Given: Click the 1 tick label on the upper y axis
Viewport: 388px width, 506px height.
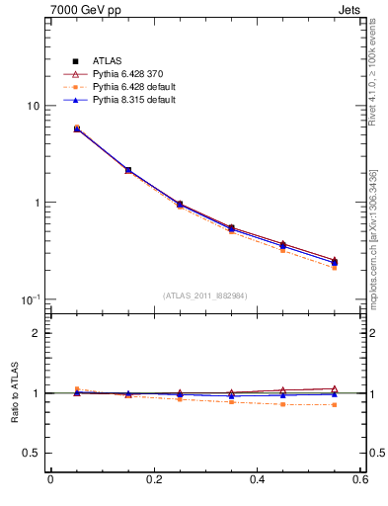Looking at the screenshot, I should pyautogui.click(x=36, y=203).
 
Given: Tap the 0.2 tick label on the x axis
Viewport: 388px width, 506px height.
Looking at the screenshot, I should pyautogui.click(x=153, y=479).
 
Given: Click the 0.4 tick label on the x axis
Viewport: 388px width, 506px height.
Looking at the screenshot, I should pyautogui.click(x=257, y=479).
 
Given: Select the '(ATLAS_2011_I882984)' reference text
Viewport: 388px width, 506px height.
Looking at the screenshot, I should pyautogui.click(x=205, y=295).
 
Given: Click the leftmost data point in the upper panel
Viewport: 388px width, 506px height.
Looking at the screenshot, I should pyautogui.click(x=77, y=128).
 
